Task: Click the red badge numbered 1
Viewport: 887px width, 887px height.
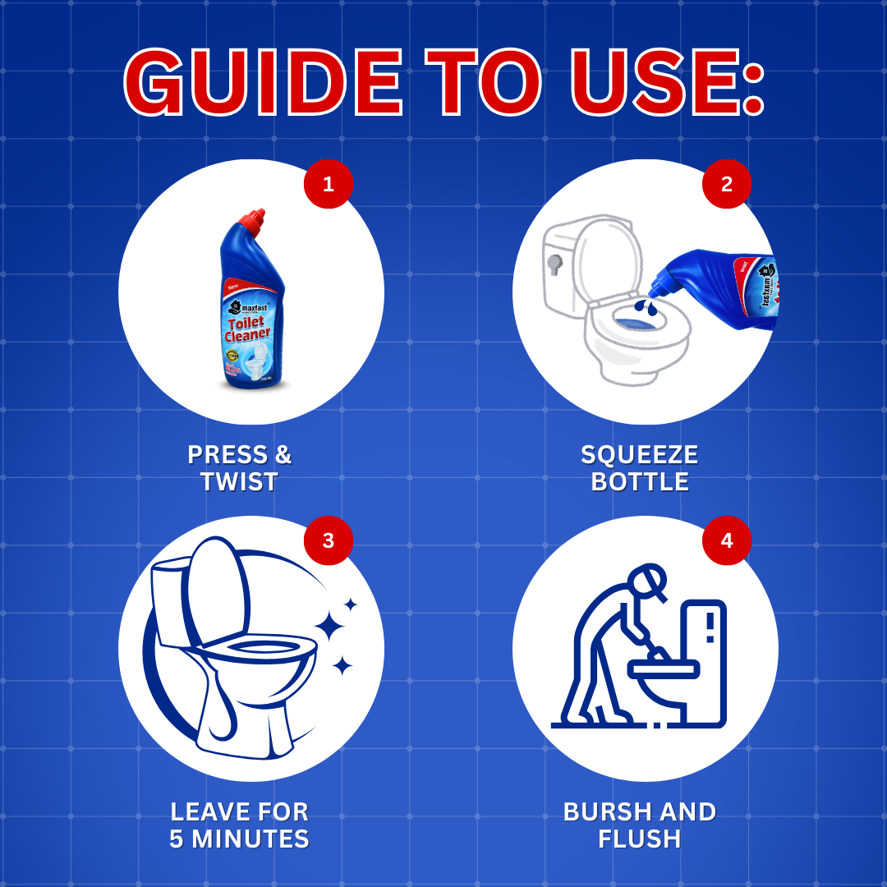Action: [x=329, y=184]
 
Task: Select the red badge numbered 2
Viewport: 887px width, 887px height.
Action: [x=726, y=184]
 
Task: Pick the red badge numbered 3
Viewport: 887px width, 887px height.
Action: [x=329, y=540]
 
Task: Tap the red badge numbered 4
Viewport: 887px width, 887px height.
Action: [x=726, y=540]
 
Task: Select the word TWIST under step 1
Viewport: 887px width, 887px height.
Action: [x=239, y=482]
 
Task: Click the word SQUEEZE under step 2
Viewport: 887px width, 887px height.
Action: [x=639, y=455]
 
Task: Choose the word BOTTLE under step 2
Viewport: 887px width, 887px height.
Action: [x=640, y=482]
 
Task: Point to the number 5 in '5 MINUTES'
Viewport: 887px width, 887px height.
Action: [x=178, y=839]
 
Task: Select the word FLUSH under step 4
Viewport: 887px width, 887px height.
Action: [x=639, y=839]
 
